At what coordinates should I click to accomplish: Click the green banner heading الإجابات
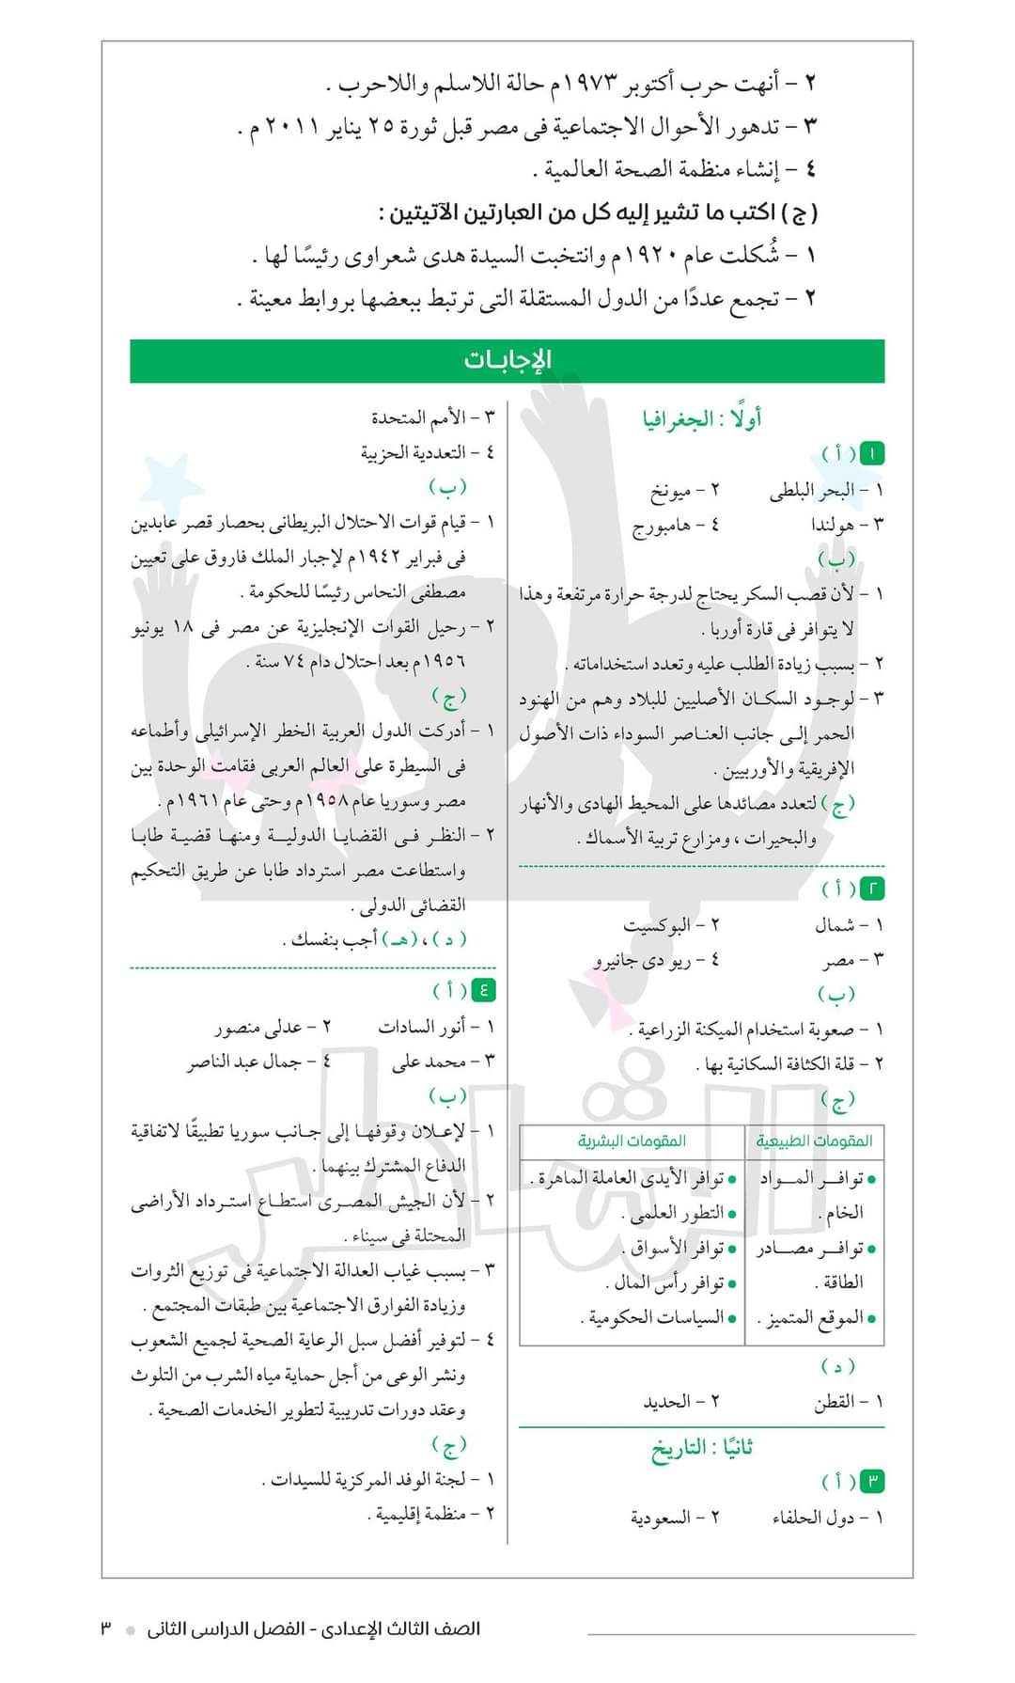click(x=507, y=360)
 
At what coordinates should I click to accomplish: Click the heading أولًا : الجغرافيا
click(x=702, y=419)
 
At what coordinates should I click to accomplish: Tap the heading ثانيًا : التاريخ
click(x=702, y=1448)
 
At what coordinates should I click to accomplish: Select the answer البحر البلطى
click(x=812, y=490)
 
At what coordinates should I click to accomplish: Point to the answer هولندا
click(x=833, y=525)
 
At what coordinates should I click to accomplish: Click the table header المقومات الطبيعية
click(x=814, y=1140)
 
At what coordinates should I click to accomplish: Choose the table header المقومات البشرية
click(x=632, y=1140)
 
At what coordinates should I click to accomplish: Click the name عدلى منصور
click(x=259, y=1027)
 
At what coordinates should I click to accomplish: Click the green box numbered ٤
click(x=483, y=989)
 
